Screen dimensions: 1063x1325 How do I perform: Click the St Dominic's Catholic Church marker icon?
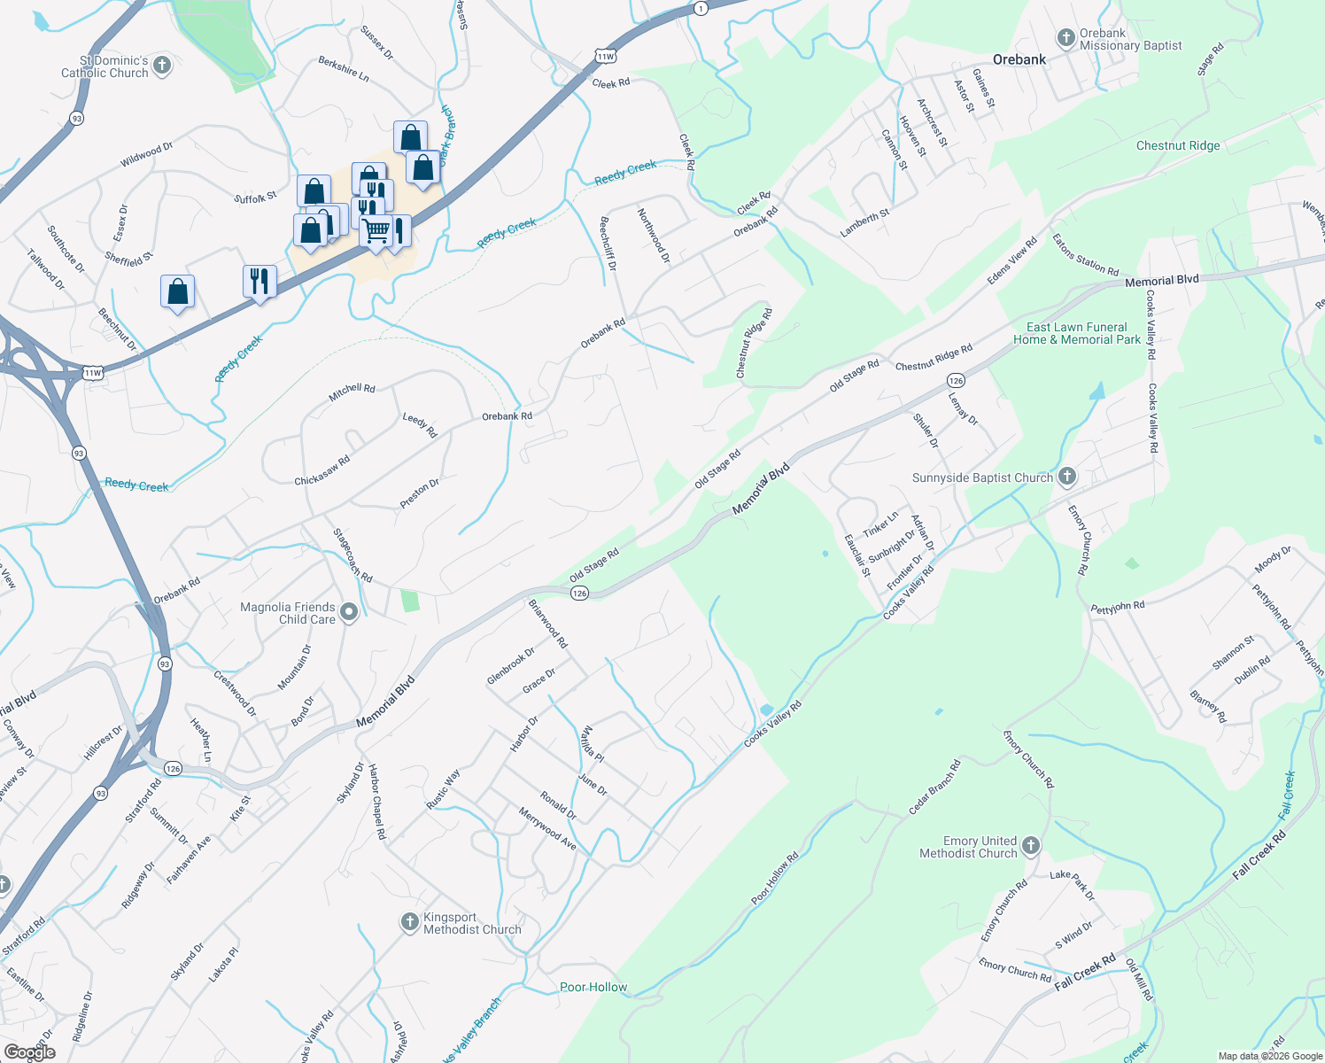click(161, 65)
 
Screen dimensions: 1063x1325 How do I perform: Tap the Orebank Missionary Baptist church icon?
click(1066, 38)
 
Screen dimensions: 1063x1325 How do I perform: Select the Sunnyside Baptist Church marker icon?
click(1067, 477)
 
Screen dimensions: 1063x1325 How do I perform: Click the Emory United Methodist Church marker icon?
click(1030, 845)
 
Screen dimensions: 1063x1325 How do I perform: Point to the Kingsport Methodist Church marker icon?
click(409, 922)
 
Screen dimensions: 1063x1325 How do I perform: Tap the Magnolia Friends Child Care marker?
click(349, 611)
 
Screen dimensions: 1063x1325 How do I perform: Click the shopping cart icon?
click(376, 231)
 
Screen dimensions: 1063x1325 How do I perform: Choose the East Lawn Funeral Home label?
click(1077, 333)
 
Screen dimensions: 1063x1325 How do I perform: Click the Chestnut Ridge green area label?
click(1177, 145)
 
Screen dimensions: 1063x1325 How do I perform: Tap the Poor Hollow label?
click(593, 987)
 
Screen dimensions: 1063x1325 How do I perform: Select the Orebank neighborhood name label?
click(1019, 59)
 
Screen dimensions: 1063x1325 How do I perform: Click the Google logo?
click(29, 1051)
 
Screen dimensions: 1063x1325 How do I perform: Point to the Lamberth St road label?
click(864, 223)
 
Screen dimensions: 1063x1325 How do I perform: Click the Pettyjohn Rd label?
click(1117, 608)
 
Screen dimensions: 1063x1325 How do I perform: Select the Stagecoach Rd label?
click(352, 555)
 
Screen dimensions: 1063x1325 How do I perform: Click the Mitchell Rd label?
click(352, 392)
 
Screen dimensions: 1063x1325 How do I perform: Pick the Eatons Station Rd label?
click(1085, 255)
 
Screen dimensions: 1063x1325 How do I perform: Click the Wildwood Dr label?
click(146, 156)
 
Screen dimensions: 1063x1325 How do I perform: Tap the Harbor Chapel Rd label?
click(376, 802)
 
